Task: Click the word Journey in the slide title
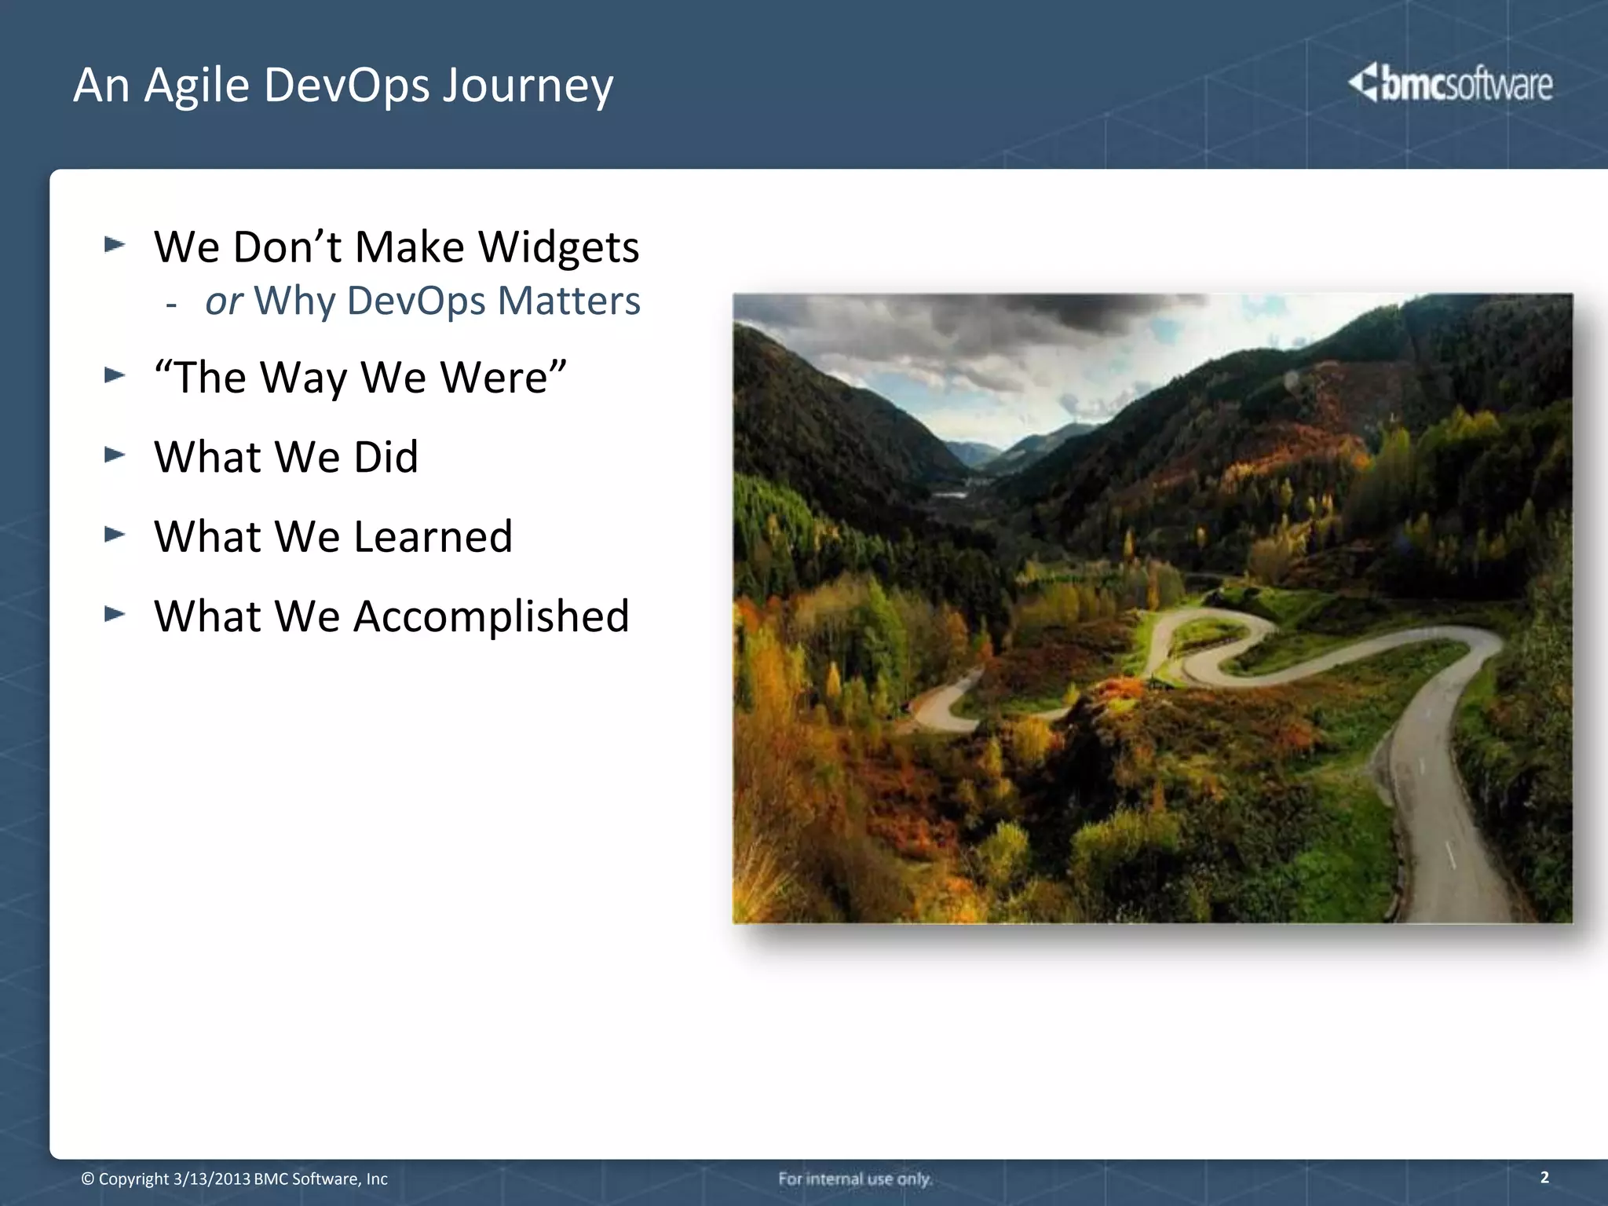528,86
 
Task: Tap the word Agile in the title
196,86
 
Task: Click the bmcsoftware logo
1451,83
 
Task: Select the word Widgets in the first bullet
559,247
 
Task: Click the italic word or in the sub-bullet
224,301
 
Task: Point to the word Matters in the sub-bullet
568,301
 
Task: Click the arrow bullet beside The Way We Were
115,375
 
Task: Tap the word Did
386,457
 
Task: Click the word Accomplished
492,617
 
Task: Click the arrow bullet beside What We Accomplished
115,614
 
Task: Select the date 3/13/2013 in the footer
211,1179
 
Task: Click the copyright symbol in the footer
88,1179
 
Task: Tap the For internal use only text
855,1179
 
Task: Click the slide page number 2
1544,1177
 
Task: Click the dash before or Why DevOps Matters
171,305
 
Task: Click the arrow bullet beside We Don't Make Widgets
115,245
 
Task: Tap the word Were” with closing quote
503,378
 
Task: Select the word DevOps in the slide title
347,86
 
